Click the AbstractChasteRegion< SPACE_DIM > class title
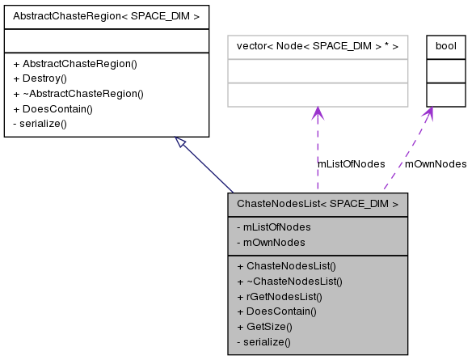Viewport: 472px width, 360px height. pyautogui.click(x=106, y=15)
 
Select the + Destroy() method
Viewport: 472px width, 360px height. pyautogui.click(x=44, y=78)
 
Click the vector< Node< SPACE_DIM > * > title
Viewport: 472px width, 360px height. pyautogui.click(x=317, y=46)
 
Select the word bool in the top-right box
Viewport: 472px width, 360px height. pyautogui.click(x=445, y=46)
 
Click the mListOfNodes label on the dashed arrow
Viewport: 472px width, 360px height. pyautogui.click(x=351, y=163)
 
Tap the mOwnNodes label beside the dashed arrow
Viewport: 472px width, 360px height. pyautogui.click(x=436, y=163)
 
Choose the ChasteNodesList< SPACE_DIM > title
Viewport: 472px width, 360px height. pyautogui.click(x=318, y=204)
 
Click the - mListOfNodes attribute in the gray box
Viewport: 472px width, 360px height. pyautogui.click(x=274, y=227)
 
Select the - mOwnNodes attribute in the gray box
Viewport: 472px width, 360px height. pyautogui.click(x=271, y=242)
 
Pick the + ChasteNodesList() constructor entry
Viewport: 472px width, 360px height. pyautogui.click(x=286, y=265)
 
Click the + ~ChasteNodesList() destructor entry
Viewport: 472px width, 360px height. pyautogui.click(x=289, y=281)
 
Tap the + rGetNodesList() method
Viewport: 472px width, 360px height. pyautogui.click(x=280, y=296)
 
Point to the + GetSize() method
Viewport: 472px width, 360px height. pyautogui.click(x=264, y=326)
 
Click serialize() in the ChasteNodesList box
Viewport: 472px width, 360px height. pyautogui.click(x=263, y=341)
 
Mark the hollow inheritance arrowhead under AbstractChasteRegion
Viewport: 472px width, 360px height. pyautogui.click(x=182, y=143)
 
